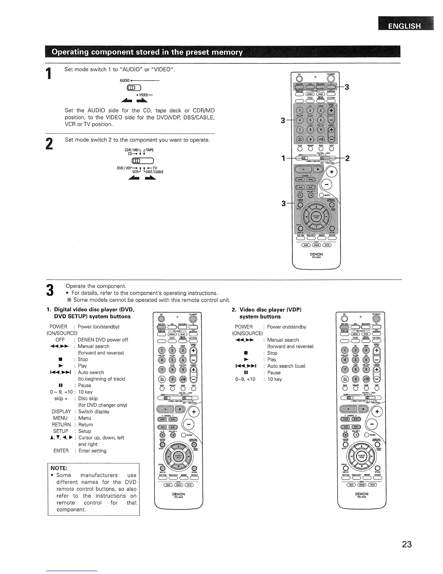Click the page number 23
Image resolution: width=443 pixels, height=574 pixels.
coord(406,544)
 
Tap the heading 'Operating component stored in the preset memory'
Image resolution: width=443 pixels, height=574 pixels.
coord(147,52)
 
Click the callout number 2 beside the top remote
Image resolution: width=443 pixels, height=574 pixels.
coord(347,158)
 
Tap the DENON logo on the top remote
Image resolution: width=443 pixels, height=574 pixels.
coord(316,254)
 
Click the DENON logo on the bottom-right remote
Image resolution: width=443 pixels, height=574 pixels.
coord(362,494)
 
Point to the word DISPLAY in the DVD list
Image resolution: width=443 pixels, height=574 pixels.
coord(61,412)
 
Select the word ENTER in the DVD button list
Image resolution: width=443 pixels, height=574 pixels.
coord(61,451)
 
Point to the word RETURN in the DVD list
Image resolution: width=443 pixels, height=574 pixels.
coord(62,425)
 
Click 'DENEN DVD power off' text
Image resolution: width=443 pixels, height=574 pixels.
coord(103,340)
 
